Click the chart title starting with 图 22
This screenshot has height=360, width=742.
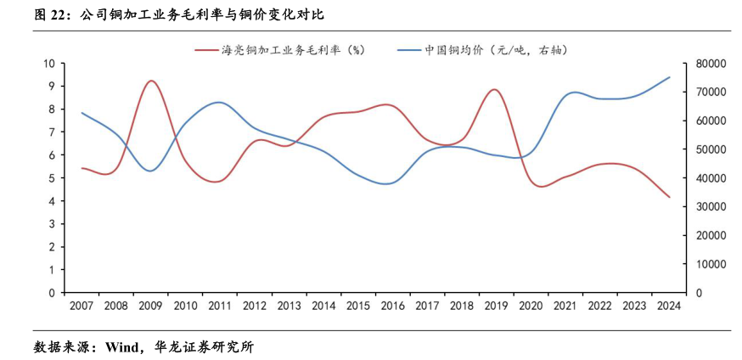pyautogui.click(x=177, y=14)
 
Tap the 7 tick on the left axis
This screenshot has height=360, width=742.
pyautogui.click(x=52, y=132)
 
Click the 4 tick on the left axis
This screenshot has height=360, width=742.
pyautogui.click(x=52, y=201)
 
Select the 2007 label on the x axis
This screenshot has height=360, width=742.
pyautogui.click(x=82, y=306)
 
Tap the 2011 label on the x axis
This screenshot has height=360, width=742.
pyautogui.click(x=220, y=306)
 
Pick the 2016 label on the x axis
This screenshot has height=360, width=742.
pyautogui.click(x=392, y=306)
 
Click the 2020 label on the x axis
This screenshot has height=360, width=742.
pyautogui.click(x=531, y=306)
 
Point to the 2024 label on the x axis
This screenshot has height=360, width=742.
pyautogui.click(x=669, y=306)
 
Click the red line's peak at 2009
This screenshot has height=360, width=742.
pyautogui.click(x=151, y=81)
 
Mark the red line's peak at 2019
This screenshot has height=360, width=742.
pyautogui.click(x=495, y=89)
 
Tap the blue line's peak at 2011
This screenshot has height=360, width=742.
pyautogui.click(x=220, y=102)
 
